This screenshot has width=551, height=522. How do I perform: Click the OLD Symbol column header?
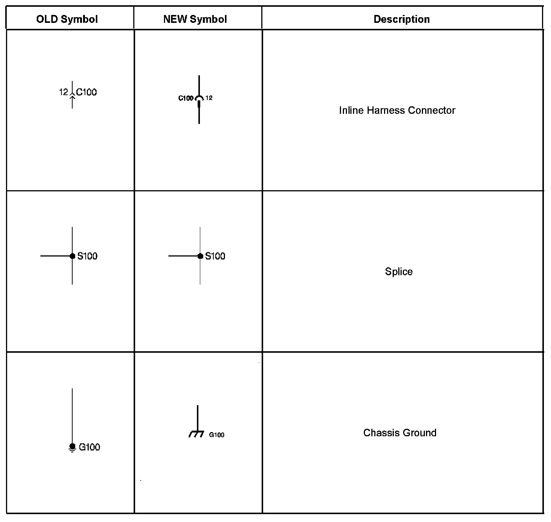pos(67,19)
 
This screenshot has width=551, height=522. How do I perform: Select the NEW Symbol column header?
pos(195,19)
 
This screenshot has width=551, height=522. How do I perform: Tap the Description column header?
pos(402,19)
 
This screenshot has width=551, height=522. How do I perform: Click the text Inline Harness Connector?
pos(397,110)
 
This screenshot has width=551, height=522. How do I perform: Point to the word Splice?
pos(399,271)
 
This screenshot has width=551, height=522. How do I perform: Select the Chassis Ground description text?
pos(400,433)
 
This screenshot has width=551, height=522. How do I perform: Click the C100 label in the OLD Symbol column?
pos(86,92)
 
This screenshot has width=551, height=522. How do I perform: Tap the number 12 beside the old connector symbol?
pos(64,92)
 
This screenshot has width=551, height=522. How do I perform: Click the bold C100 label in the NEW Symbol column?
pos(186,98)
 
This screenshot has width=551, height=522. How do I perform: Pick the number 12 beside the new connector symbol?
pos(209,98)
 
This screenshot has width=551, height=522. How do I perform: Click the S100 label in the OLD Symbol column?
pos(87,256)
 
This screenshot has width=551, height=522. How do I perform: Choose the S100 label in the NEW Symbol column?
pos(215,256)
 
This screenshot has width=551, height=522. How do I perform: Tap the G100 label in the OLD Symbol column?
pos(89,447)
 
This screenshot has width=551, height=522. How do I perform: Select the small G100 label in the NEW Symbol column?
pos(217,435)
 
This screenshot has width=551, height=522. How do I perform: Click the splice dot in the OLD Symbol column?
pos(72,256)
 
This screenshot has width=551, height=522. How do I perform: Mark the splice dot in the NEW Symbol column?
pos(200,256)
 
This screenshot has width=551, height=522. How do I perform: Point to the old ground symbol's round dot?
pos(72,446)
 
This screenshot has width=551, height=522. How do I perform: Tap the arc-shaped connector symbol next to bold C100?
pos(199,98)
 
